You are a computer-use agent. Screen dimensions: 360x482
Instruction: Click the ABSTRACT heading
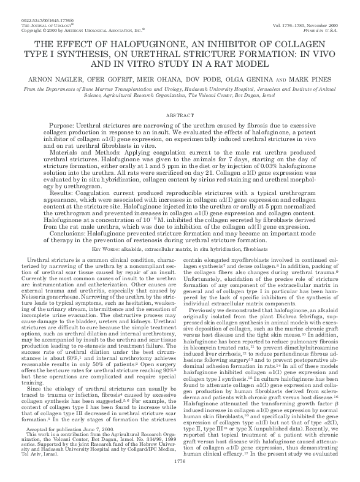coord(180,115)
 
